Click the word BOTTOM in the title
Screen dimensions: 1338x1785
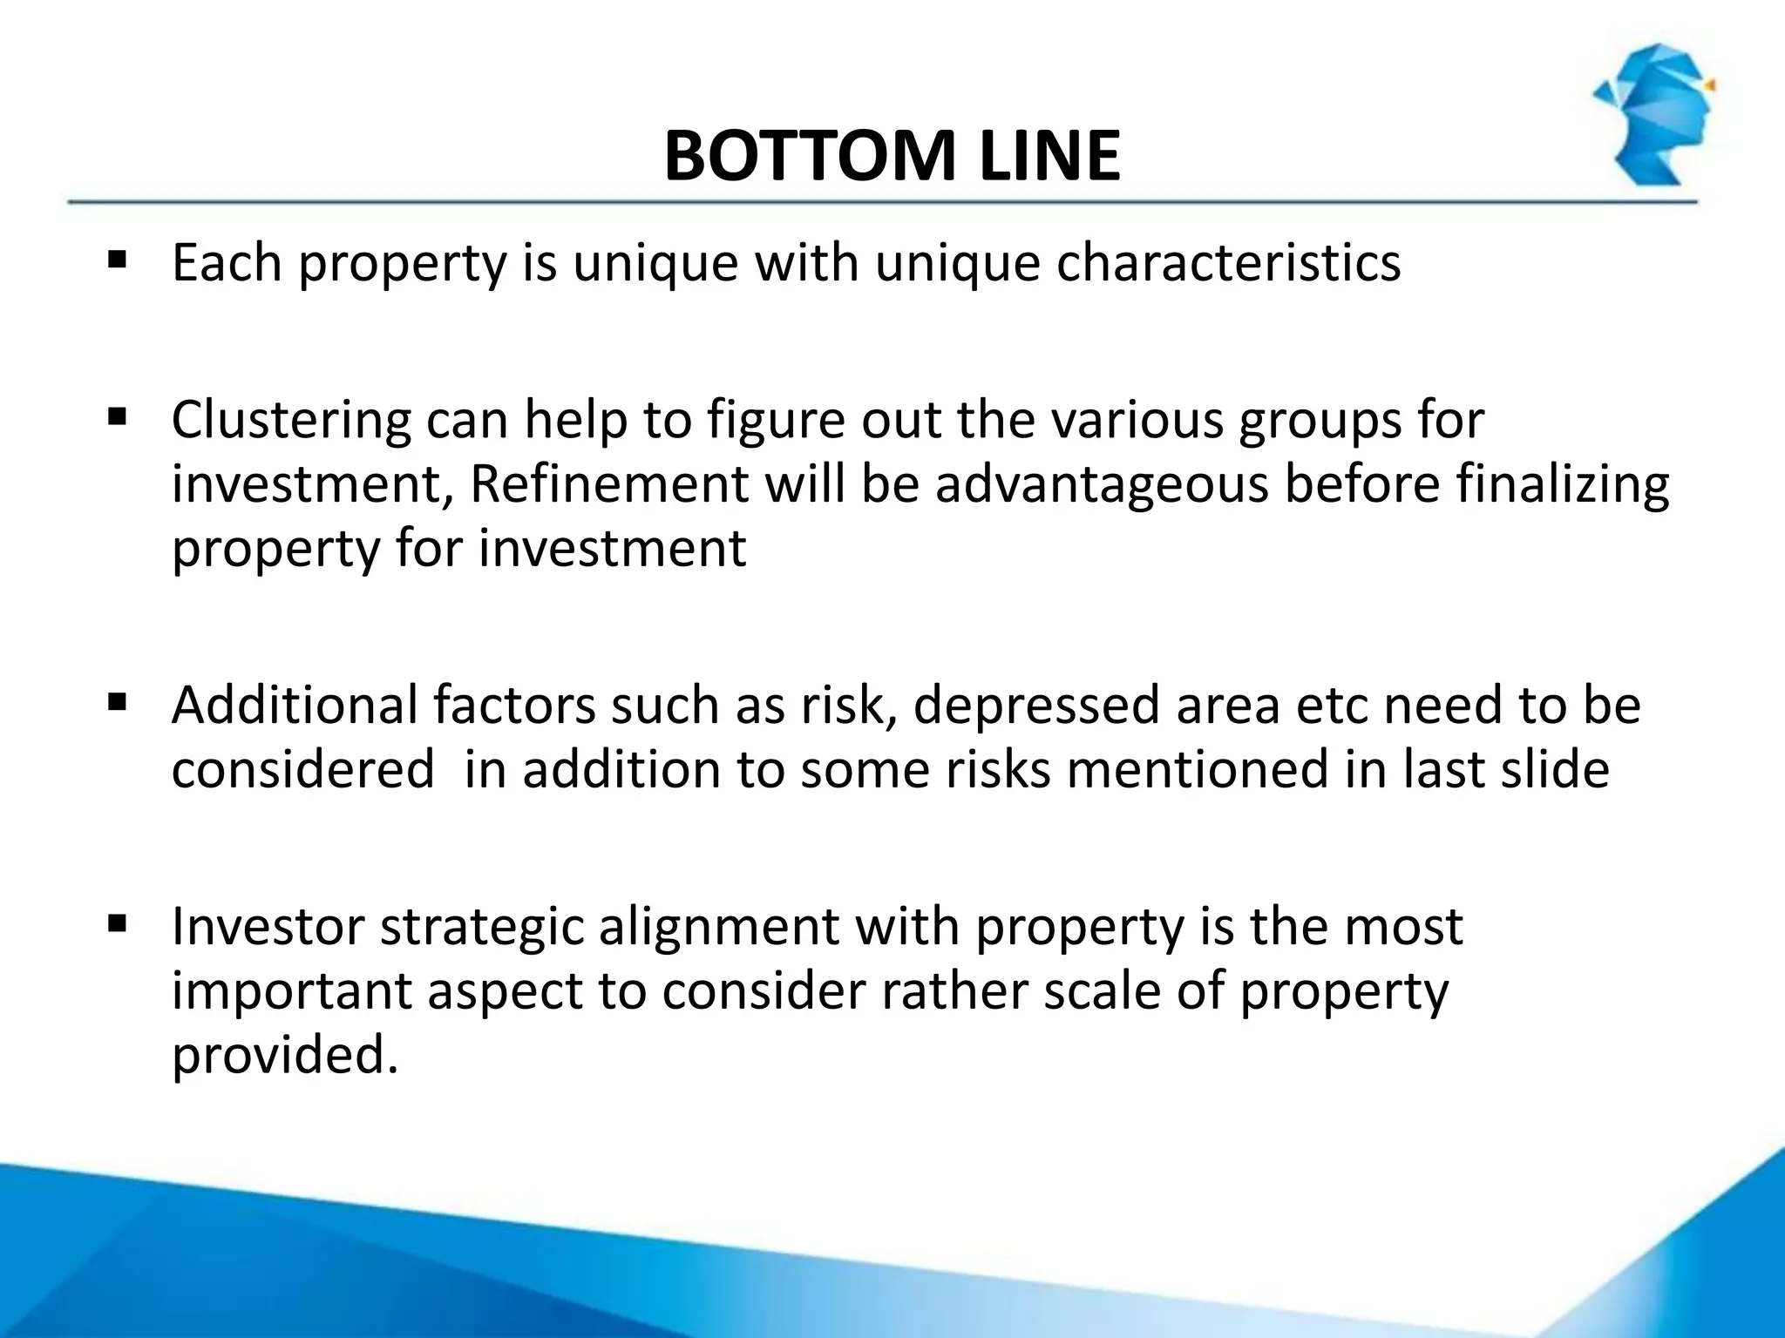pos(807,157)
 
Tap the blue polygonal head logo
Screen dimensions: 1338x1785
pos(1653,114)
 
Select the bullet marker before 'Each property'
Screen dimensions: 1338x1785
pos(117,260)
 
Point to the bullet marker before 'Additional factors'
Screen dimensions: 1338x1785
pos(117,701)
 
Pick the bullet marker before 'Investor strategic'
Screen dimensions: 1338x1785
pos(117,922)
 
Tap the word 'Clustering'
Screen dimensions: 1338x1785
pos(290,420)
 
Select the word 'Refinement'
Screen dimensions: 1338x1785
pos(608,483)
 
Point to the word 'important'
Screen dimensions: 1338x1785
pos(291,991)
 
